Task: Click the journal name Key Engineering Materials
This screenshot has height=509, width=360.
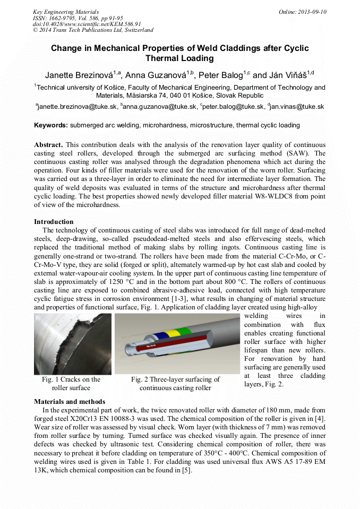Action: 65,11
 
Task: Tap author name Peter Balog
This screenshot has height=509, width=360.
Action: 220,75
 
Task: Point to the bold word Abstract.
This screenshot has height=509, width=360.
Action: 48,145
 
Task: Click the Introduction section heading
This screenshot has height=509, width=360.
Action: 54,222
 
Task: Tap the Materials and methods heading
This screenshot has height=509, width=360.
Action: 70,401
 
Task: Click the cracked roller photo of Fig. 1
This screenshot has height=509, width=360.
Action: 72,344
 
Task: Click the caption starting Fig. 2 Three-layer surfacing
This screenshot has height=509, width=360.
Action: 175,384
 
